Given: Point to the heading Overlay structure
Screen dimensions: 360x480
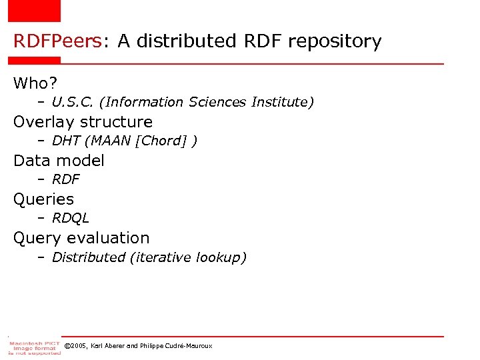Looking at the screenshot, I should click(83, 122).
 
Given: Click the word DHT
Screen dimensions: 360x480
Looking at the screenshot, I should click(67, 141).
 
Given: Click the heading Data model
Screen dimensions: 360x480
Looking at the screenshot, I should click(59, 161).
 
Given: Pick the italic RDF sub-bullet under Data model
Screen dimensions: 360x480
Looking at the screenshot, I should click(65, 179).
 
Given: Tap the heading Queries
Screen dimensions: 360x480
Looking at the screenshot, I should click(43, 199).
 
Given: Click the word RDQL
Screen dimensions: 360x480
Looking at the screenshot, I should click(70, 218).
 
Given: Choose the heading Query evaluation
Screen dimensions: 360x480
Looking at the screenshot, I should click(81, 238).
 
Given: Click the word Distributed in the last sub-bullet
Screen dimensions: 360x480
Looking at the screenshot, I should click(88, 257).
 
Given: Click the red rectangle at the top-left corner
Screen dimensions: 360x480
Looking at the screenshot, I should click(34, 11).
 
